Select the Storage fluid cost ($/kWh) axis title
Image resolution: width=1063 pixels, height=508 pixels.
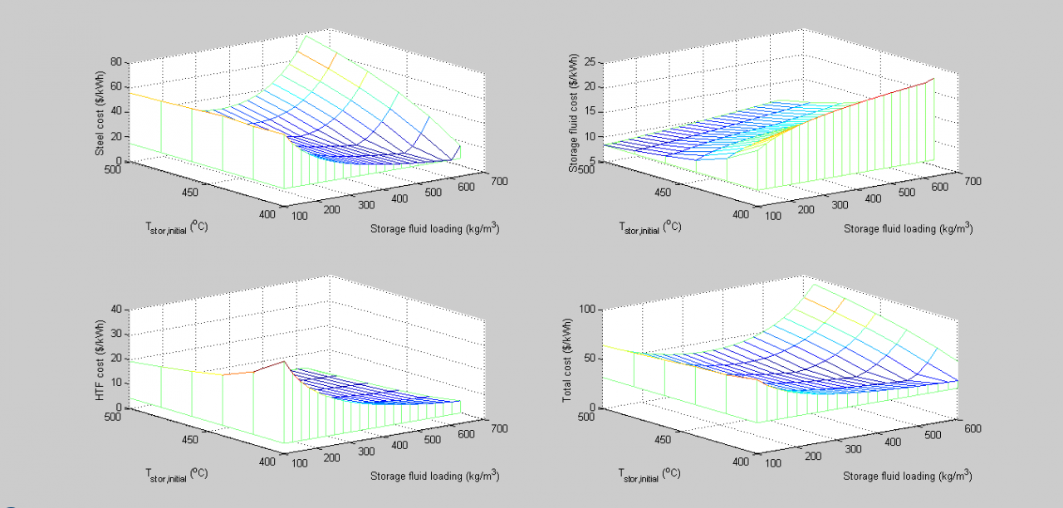(574, 113)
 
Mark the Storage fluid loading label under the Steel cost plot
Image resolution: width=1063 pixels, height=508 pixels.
(434, 228)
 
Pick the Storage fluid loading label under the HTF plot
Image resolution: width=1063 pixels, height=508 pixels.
(434, 476)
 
